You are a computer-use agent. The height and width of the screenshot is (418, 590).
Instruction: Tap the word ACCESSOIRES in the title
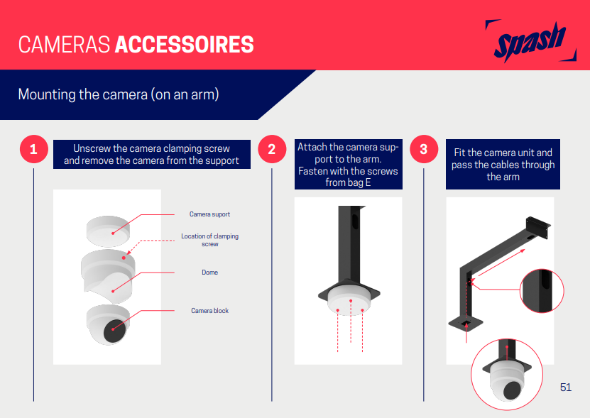coord(184,44)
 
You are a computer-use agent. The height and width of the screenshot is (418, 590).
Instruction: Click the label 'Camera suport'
coord(209,214)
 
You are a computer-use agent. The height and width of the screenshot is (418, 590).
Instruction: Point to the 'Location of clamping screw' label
coord(209,240)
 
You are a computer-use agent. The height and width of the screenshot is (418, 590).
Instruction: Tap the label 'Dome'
coord(209,273)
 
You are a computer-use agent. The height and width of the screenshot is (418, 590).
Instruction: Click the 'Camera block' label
coord(209,311)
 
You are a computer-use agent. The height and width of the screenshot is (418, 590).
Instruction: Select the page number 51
coord(565,387)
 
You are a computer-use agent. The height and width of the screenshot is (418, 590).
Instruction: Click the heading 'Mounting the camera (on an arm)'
coord(118,94)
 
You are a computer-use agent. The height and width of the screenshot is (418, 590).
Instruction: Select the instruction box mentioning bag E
coord(348,165)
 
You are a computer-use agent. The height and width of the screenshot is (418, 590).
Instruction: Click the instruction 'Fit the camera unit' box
coord(503,165)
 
